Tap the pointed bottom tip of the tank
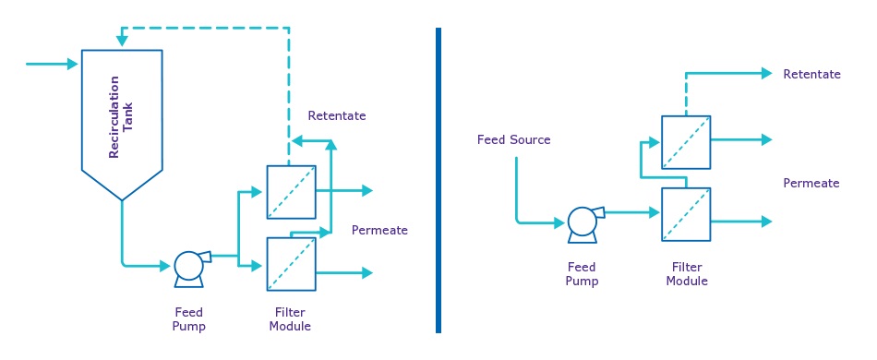coord(122,198)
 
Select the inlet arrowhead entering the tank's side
coord(73,64)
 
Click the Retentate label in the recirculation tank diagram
coord(337,116)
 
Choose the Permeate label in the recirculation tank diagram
coord(379,230)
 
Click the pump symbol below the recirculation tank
coord(189,266)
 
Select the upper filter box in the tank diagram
coord(291,192)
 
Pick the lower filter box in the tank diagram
coord(291,264)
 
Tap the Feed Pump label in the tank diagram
coord(188,319)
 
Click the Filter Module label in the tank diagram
coord(290,319)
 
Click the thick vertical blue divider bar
coord(438,180)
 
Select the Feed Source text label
coord(513,140)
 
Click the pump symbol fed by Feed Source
coord(582,222)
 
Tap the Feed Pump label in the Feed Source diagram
coord(582,274)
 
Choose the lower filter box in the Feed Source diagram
coord(686,214)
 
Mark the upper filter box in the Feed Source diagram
coord(686,142)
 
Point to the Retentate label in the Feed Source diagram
coord(811,74)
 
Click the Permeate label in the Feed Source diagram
coord(811,184)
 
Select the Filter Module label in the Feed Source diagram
coord(685,274)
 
